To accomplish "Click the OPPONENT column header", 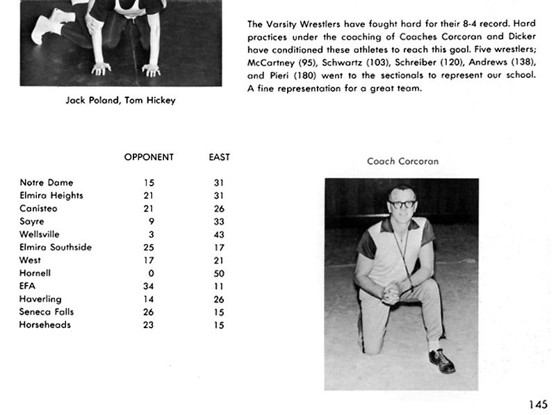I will (149, 157).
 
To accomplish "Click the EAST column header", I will (219, 157).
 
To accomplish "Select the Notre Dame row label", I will (47, 183).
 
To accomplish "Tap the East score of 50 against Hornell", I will (219, 273).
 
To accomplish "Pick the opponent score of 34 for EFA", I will (148, 286).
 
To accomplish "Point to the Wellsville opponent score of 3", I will (151, 234).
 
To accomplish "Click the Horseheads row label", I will (45, 325).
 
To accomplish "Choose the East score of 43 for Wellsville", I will (219, 234).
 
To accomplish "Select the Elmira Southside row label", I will (56, 247).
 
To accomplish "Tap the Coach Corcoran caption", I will (402, 161).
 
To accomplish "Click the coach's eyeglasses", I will (402, 204).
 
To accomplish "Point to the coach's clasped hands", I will (392, 291).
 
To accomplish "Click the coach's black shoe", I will (441, 361).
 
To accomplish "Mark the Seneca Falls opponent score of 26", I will (148, 312).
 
